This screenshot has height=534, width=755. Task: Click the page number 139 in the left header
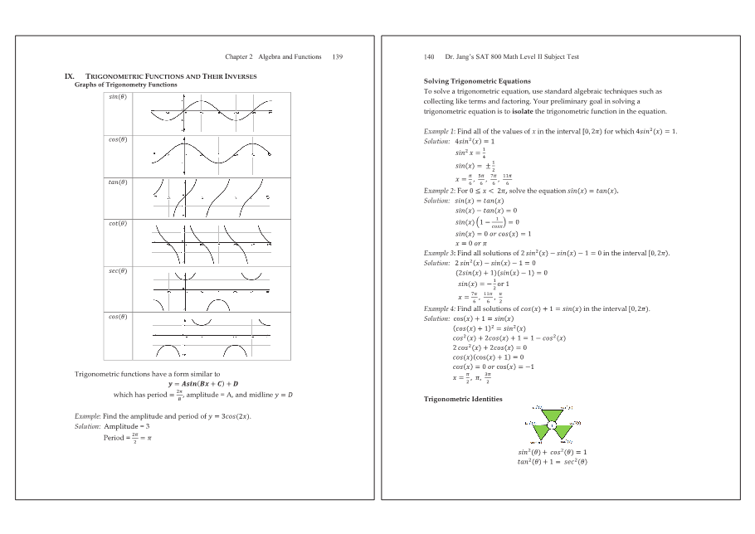tap(337, 57)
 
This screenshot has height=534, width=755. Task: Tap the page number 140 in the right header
tap(429, 57)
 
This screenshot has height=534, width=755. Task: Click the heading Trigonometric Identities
tap(462, 399)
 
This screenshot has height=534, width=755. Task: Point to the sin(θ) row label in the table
tap(117, 96)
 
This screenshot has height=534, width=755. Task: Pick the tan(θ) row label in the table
tap(117, 182)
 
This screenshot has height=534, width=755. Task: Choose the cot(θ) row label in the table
tap(117, 223)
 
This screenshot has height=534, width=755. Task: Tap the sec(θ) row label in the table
tap(117, 271)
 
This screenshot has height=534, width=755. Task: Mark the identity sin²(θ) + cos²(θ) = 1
tap(552, 452)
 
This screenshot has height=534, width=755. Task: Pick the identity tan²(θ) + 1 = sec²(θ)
tap(552, 462)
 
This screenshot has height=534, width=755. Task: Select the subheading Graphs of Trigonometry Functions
tap(125, 85)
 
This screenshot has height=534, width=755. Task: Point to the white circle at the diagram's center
tap(552, 425)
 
